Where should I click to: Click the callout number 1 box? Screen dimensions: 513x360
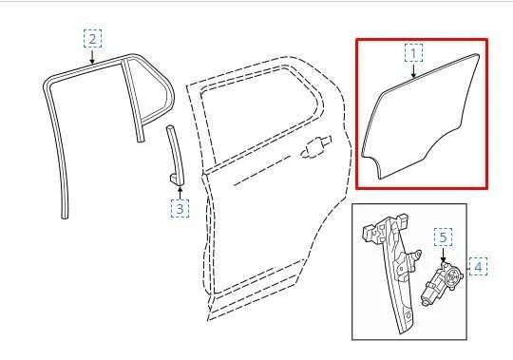[413, 51]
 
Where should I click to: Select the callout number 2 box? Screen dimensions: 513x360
[92, 39]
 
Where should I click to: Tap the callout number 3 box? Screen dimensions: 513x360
[180, 206]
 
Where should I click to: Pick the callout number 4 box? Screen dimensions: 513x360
[478, 267]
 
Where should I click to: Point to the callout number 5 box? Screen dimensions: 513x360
[444, 237]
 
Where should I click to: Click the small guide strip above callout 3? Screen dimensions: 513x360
[174, 147]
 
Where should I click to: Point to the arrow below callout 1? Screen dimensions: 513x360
[413, 70]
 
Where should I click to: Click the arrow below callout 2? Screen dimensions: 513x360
[92, 57]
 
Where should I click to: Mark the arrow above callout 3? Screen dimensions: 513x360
[180, 190]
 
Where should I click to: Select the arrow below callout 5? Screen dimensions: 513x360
[444, 255]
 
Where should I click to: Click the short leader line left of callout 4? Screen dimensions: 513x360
[465, 267]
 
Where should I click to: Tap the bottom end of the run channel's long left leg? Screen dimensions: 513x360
[65, 215]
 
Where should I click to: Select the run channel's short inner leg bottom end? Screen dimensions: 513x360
[142, 138]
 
